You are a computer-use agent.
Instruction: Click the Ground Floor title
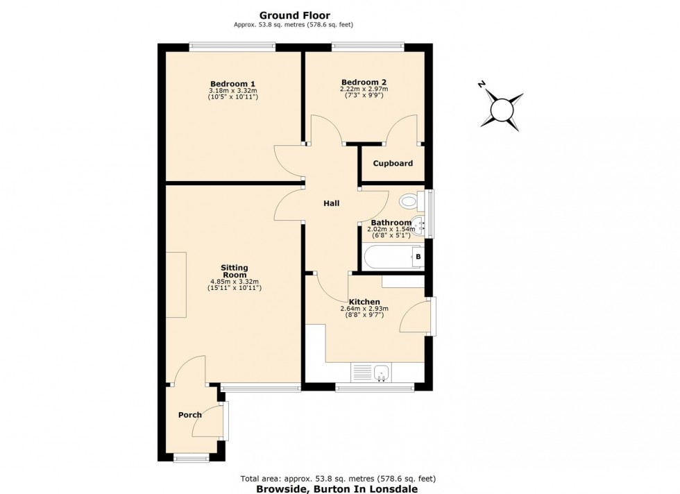coord(294,15)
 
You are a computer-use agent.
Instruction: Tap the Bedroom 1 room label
coord(232,84)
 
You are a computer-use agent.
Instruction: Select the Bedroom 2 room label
coord(364,81)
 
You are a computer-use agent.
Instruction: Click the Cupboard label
coord(393,164)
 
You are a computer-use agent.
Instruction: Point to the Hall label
coord(331,203)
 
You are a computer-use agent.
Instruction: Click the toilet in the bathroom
coord(410,202)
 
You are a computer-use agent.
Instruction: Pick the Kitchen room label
coord(364,302)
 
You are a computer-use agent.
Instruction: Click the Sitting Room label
coord(235,271)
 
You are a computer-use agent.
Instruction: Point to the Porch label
coord(189,415)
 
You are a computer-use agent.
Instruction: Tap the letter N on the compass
coord(482,84)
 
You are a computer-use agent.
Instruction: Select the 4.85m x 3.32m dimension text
coord(235,282)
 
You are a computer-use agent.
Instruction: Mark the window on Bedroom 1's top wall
coord(232,46)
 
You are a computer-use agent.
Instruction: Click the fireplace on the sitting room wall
coord(176,284)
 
